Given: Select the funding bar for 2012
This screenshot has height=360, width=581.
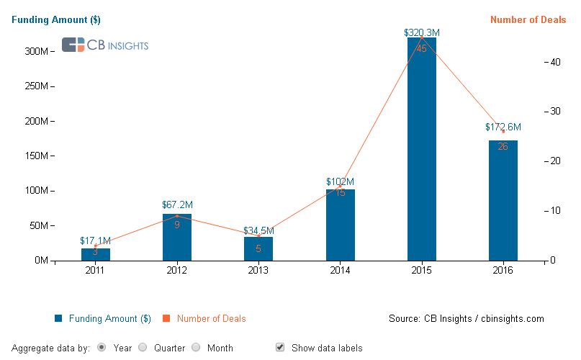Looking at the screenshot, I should point(177,237).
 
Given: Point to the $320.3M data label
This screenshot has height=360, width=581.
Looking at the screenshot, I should point(421,32).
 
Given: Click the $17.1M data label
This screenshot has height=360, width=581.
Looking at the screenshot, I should point(96,240).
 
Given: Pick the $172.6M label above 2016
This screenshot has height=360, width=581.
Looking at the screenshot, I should point(503,127).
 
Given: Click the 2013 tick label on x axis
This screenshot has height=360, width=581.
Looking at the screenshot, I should point(258,271).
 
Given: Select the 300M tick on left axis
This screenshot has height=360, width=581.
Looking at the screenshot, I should point(35,52).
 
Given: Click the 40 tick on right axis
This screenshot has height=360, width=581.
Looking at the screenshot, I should point(555,62).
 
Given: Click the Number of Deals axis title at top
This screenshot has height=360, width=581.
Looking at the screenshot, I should point(528,20).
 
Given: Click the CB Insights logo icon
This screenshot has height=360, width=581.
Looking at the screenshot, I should point(73,45).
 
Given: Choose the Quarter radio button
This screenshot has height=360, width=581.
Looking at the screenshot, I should point(143,347).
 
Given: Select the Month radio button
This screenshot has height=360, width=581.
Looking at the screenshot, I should point(196,347).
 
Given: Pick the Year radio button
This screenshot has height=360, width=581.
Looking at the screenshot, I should point(102,347).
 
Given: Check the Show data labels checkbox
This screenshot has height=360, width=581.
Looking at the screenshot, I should point(280,347).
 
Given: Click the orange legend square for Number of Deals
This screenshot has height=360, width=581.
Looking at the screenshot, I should point(165,318).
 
